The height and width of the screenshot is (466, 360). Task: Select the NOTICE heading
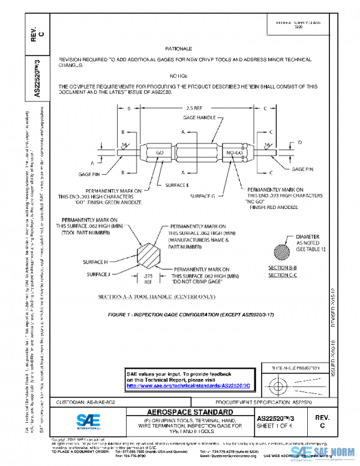point(178,76)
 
